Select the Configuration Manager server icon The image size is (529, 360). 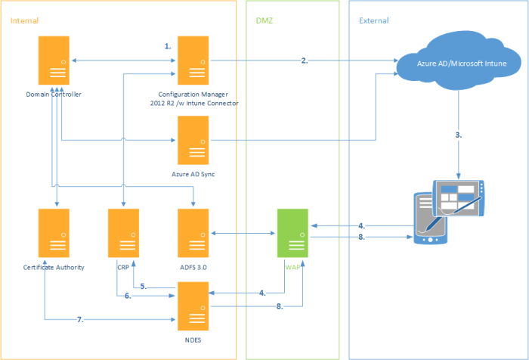pos(192,61)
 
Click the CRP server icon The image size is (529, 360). pos(123,234)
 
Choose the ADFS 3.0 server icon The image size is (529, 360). pos(192,234)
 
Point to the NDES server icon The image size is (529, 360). pos(192,306)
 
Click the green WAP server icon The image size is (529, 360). pos(292,234)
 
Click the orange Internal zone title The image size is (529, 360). pos(24,20)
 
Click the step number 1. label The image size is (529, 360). pos(168,46)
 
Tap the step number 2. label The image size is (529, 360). pos(305,61)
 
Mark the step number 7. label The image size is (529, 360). pos(81,320)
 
